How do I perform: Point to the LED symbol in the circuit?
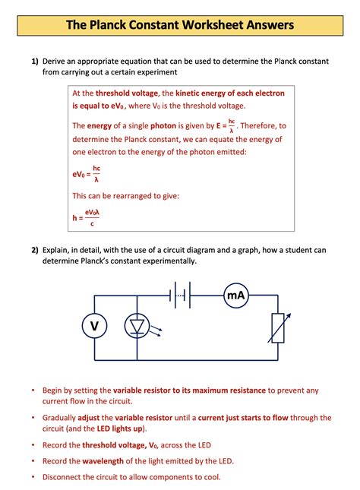[x=137, y=326]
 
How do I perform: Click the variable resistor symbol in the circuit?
[x=277, y=327]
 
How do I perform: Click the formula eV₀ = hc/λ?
[x=87, y=174]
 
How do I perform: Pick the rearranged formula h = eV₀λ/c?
[x=87, y=218]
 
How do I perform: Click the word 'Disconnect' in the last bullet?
[x=65, y=477]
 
